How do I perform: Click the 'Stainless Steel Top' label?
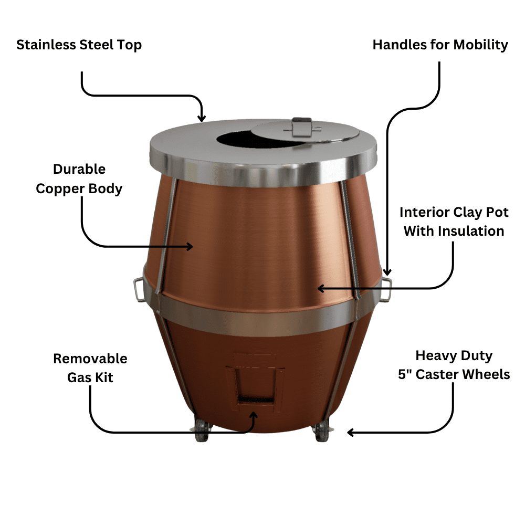click(x=79, y=45)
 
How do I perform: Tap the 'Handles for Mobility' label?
click(x=440, y=45)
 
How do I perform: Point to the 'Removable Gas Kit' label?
click(x=90, y=367)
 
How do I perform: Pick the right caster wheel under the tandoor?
click(x=321, y=432)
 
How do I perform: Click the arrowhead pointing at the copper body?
click(x=190, y=246)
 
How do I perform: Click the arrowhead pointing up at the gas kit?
click(x=255, y=415)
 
